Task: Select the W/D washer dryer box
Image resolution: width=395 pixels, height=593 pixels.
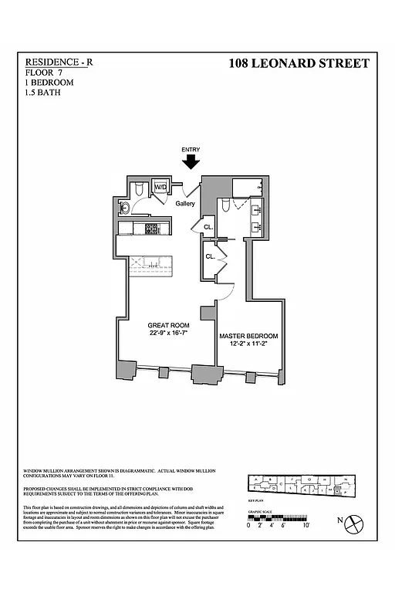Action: pyautogui.click(x=161, y=188)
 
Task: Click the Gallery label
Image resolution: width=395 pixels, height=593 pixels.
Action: pyautogui.click(x=185, y=204)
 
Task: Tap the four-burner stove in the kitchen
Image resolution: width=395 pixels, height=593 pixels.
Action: pyautogui.click(x=152, y=229)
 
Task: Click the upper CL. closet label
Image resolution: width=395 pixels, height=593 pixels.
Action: pyautogui.click(x=208, y=227)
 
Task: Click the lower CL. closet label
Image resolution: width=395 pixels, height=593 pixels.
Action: pyautogui.click(x=209, y=257)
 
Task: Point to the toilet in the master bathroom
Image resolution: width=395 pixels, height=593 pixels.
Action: pyautogui.click(x=225, y=205)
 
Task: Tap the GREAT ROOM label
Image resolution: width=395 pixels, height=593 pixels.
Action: pyautogui.click(x=168, y=326)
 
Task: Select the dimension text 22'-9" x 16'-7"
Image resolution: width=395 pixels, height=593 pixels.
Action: pyautogui.click(x=168, y=334)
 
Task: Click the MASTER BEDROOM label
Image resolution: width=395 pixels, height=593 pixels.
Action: pyautogui.click(x=248, y=336)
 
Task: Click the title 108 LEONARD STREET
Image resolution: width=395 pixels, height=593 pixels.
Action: pyautogui.click(x=299, y=64)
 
